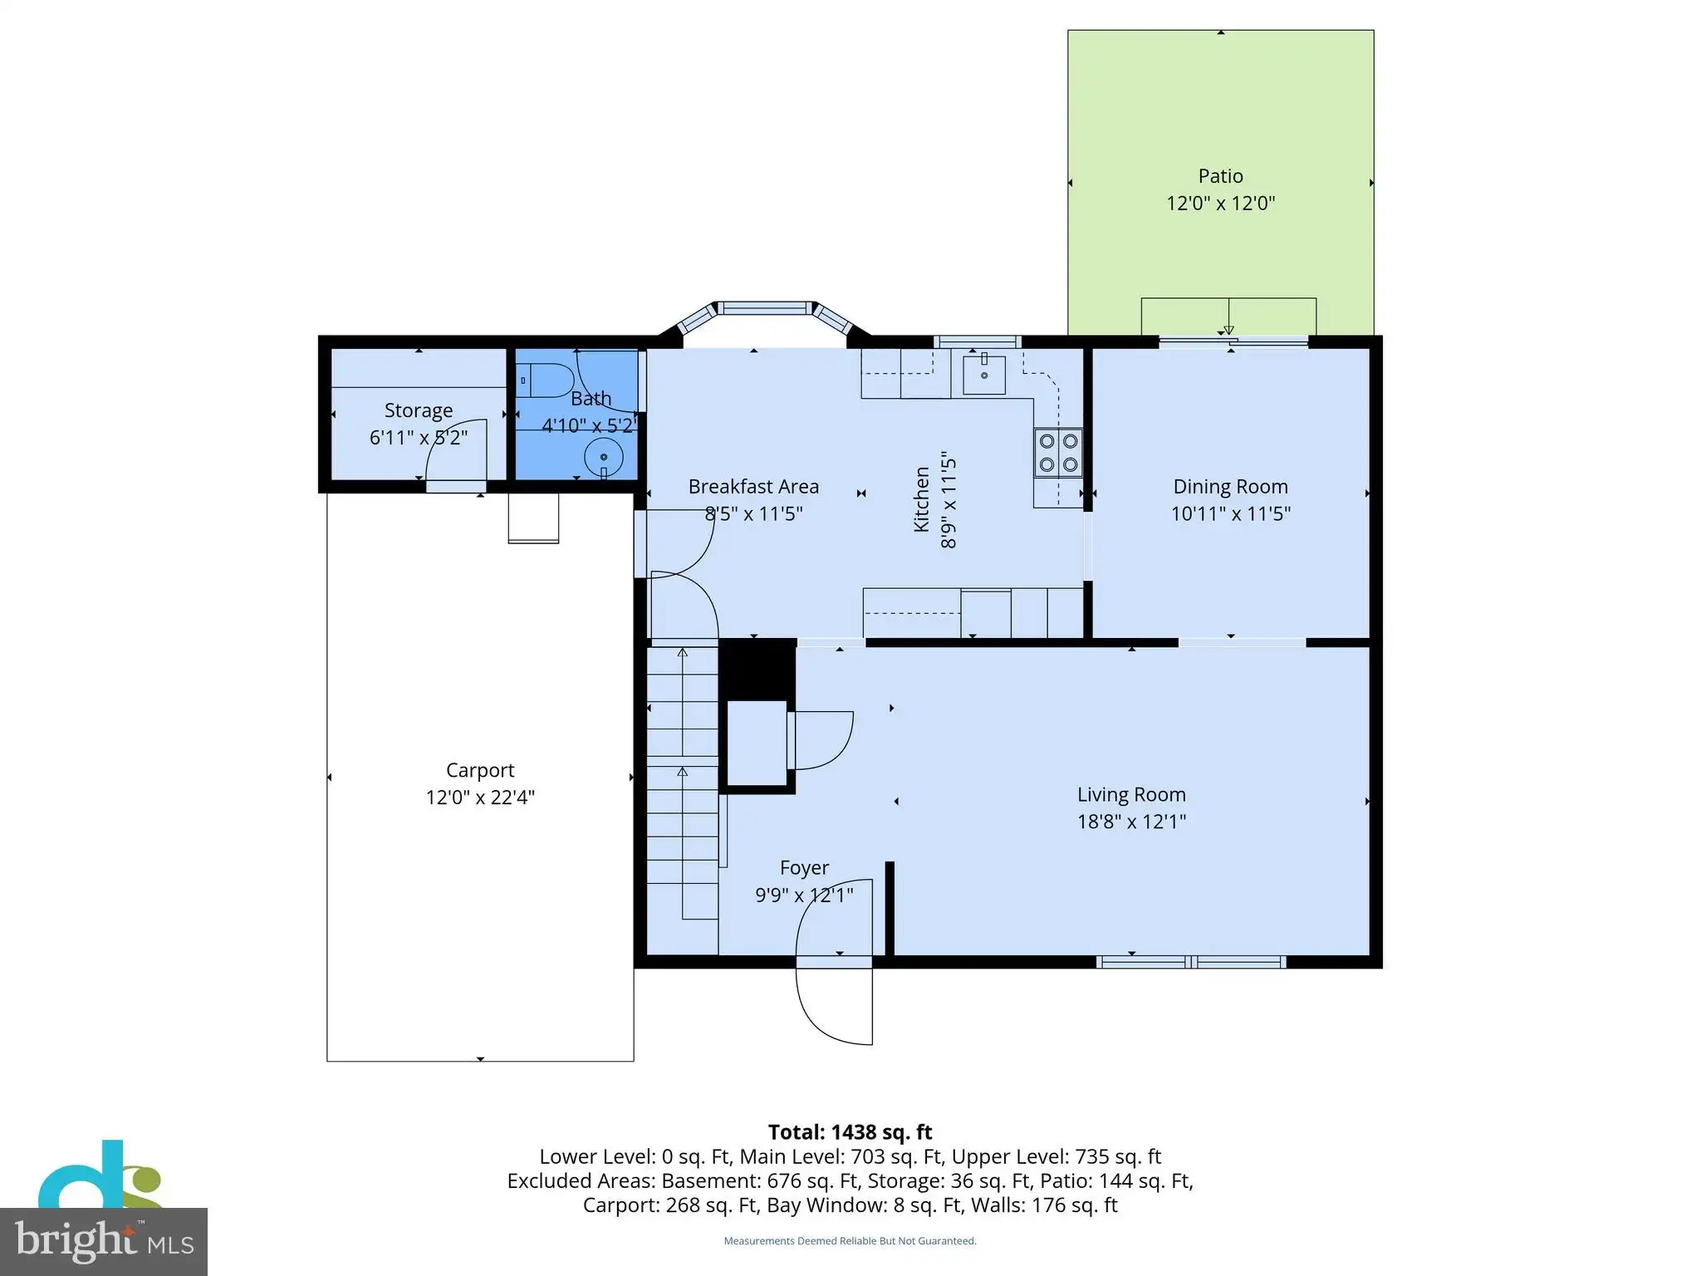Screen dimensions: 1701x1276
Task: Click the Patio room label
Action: tap(1220, 176)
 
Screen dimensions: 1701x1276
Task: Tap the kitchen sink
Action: tap(984, 374)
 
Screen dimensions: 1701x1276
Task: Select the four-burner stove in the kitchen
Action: tap(1059, 453)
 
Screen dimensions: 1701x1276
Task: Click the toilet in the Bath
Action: tap(545, 380)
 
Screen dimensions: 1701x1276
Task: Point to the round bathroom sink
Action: tap(604, 458)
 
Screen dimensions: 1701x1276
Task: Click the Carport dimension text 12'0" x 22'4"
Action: tap(480, 797)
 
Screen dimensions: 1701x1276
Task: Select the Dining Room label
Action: tap(1230, 487)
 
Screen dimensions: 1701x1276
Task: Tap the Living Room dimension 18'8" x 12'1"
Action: tap(1131, 822)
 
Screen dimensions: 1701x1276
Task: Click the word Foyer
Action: tap(804, 868)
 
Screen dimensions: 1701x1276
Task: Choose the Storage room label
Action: tap(419, 410)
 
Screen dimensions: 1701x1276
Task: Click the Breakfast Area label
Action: tap(753, 487)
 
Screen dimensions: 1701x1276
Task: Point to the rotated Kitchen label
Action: tap(921, 499)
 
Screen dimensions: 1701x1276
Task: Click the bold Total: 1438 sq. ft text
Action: tap(850, 1132)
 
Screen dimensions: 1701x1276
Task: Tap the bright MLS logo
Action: tap(104, 1241)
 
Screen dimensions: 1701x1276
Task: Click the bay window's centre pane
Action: tap(765, 308)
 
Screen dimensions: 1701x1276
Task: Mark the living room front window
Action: tap(1191, 962)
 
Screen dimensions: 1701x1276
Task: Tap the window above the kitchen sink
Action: tap(978, 341)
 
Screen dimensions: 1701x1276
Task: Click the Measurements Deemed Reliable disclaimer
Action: tap(850, 1241)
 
